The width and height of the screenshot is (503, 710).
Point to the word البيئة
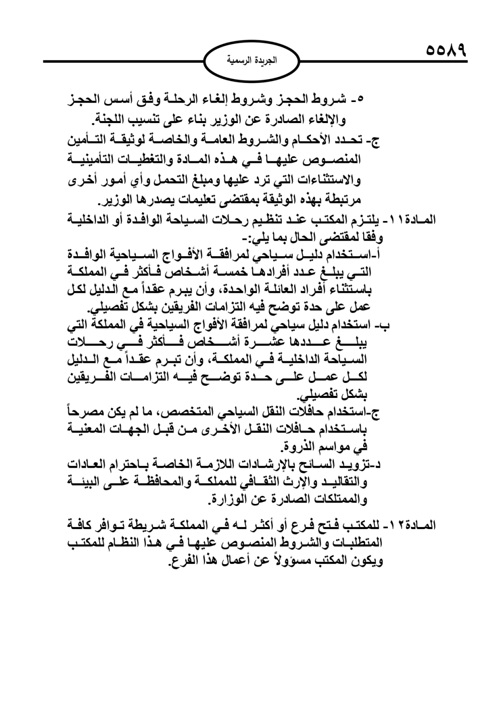(x=85, y=482)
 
